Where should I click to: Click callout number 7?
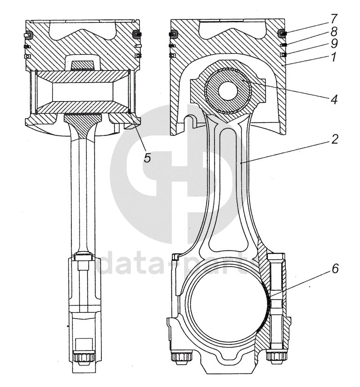click(x=334, y=18)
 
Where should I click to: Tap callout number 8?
click(x=334, y=31)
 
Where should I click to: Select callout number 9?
click(x=334, y=44)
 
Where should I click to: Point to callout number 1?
click(x=334, y=57)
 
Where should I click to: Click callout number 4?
click(x=334, y=100)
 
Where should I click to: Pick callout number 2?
click(x=335, y=139)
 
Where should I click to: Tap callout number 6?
click(x=335, y=268)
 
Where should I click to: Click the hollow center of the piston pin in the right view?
click(x=228, y=91)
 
